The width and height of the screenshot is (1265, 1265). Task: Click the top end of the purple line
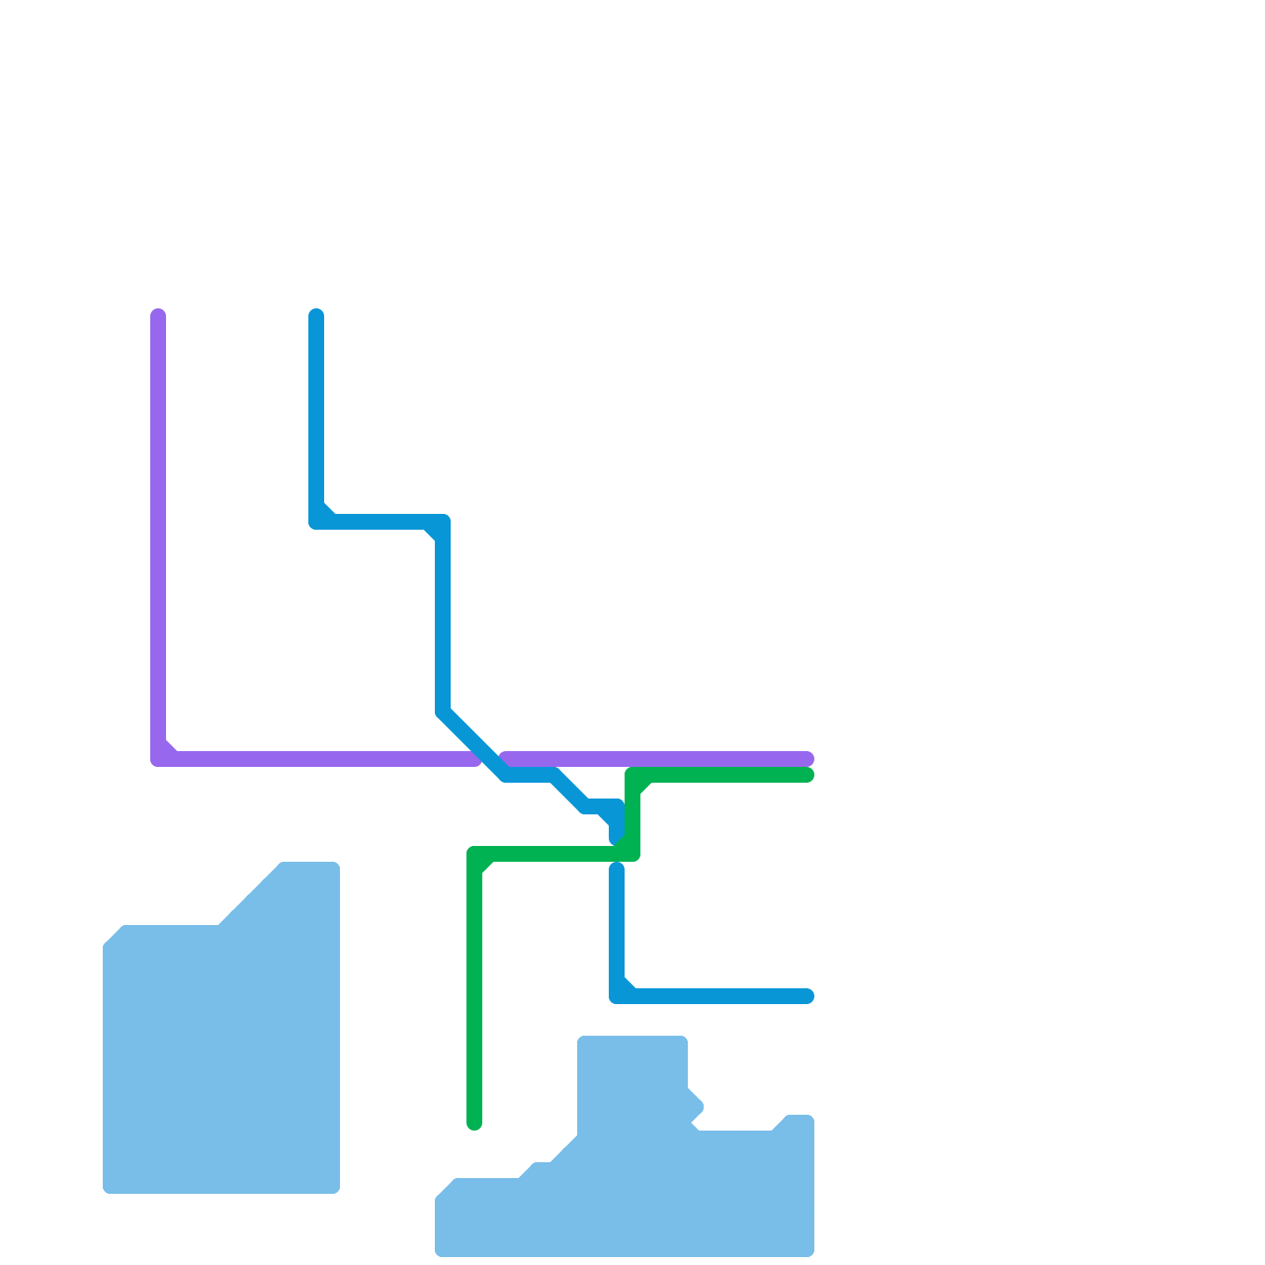[x=158, y=315]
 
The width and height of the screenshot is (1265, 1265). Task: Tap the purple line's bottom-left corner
[x=159, y=758]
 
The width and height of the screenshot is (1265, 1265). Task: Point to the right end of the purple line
[x=807, y=759]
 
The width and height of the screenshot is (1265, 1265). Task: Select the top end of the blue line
[x=316, y=315]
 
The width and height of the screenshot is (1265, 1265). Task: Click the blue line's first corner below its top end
[x=317, y=521]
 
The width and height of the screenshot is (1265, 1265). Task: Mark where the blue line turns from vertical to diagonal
[x=443, y=712]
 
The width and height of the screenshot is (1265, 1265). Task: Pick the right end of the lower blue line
[x=807, y=996]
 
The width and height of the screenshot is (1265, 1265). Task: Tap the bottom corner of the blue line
[x=617, y=995]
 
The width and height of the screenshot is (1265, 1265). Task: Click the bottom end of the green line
[x=474, y=1123]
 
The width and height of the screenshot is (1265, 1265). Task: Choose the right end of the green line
[x=807, y=775]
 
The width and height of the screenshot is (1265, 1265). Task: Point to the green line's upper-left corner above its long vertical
[x=475, y=855]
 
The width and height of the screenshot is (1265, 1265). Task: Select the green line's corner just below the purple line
[x=632, y=776]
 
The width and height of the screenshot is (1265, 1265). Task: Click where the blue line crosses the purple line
[x=490, y=759]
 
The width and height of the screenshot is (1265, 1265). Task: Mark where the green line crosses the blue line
[x=617, y=854]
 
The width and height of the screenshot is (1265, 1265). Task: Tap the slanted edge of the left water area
[x=249, y=893]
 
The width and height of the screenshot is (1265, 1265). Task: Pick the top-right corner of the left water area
[x=335, y=867]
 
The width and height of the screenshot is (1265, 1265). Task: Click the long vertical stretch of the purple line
[x=158, y=538]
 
